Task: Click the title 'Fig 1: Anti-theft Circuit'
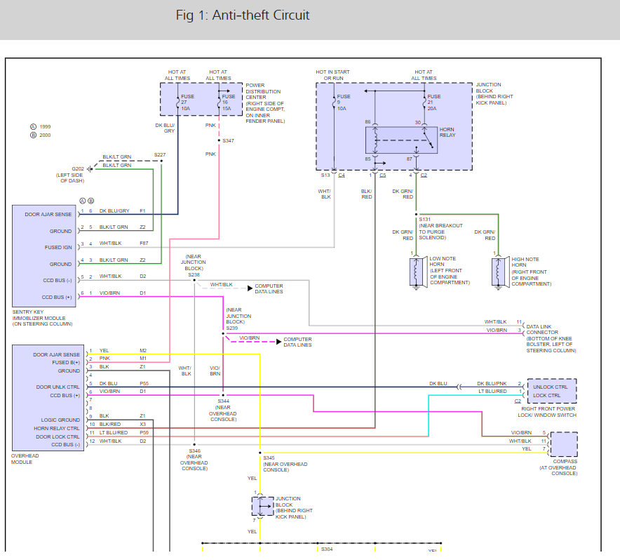click(x=243, y=15)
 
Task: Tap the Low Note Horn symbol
click(x=414, y=271)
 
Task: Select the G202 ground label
click(x=78, y=168)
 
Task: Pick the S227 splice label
click(x=161, y=154)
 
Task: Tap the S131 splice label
click(x=425, y=219)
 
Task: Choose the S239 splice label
click(x=232, y=327)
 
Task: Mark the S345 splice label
click(x=271, y=458)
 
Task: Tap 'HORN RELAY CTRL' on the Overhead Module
click(x=57, y=428)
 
